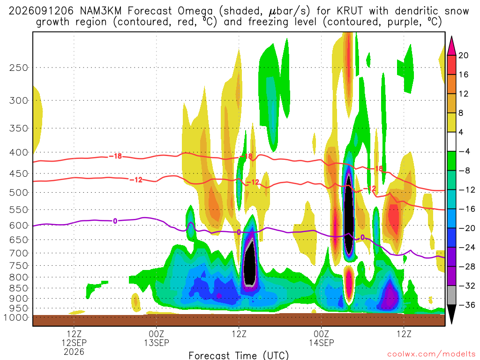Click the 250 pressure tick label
point(19,67)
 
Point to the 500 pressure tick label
point(19,193)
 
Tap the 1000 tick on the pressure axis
point(16,317)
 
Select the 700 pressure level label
point(19,253)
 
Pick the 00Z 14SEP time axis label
point(322,338)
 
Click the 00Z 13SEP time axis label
point(157,338)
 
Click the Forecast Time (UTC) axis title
point(239,355)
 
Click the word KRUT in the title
point(350,11)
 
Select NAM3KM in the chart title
point(101,11)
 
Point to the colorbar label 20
point(464,55)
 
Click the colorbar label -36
point(467,305)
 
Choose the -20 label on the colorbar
point(467,228)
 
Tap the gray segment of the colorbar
point(451,295)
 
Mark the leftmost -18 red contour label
point(115,157)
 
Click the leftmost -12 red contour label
point(136,180)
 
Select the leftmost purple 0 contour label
point(115,221)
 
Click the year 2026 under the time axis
point(74,352)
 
